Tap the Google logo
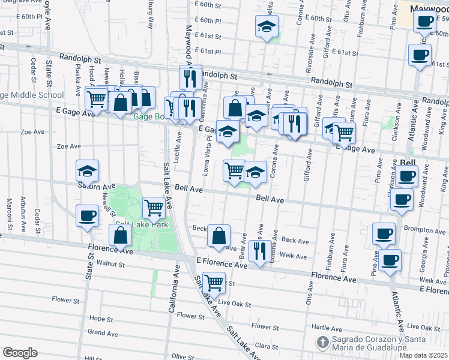(x=20, y=353)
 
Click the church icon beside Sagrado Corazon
(x=322, y=343)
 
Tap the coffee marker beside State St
(x=88, y=215)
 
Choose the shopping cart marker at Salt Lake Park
(x=154, y=208)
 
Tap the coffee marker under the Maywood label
(x=424, y=22)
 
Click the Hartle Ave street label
(x=327, y=328)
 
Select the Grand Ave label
(x=103, y=332)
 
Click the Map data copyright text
(x=423, y=355)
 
